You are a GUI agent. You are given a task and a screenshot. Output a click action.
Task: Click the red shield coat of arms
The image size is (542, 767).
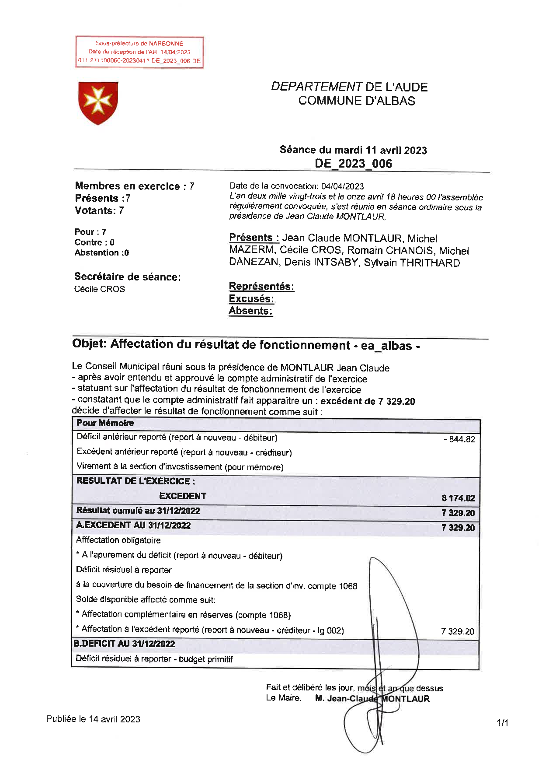[98, 103]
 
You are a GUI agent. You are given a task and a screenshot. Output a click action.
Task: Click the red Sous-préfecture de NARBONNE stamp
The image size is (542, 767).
[139, 52]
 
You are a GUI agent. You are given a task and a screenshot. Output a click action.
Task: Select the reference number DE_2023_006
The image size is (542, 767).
[353, 164]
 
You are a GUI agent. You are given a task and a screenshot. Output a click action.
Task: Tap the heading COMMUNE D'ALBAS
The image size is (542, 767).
[357, 101]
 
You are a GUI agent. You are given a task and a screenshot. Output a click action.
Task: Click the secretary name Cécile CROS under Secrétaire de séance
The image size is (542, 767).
[100, 289]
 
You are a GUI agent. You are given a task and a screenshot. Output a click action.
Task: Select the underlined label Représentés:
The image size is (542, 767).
[261, 287]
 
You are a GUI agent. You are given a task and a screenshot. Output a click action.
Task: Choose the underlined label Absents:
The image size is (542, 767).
[250, 311]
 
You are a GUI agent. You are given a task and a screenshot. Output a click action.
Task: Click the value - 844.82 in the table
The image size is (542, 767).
[459, 439]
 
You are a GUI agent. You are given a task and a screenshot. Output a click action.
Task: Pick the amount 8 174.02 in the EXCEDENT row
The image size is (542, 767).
[458, 498]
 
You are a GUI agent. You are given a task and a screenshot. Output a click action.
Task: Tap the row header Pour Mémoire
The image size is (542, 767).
[105, 423]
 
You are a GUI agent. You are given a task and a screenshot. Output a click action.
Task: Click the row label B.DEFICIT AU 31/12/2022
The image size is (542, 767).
[124, 644]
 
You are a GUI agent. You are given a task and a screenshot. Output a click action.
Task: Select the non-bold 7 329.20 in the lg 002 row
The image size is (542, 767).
[458, 631]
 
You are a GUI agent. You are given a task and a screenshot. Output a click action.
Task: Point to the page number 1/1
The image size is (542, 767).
[502, 723]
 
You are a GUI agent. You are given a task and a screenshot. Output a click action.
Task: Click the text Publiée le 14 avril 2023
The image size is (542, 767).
[93, 719]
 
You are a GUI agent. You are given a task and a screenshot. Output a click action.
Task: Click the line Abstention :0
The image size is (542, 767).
[102, 253]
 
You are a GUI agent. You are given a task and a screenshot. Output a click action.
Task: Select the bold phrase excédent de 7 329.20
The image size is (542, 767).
[368, 401]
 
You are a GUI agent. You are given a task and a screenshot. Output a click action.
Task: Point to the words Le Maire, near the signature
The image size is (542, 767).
[284, 698]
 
